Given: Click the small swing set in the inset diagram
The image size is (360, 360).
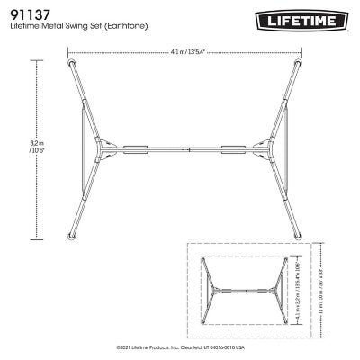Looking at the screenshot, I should (237, 291).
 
